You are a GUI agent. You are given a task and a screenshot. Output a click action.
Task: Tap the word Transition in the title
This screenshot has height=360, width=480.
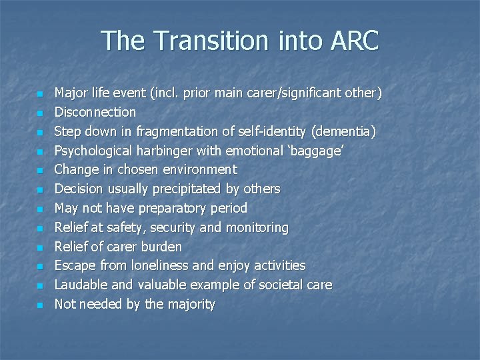tap(207, 41)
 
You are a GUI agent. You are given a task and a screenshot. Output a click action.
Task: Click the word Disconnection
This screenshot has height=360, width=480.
tap(95, 112)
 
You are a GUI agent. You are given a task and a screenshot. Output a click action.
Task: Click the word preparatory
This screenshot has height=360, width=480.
tap(177, 208)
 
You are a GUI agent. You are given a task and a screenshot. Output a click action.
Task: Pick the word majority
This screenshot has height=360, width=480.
tap(191, 305)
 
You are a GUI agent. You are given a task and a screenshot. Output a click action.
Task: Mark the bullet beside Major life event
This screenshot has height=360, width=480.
tap(40, 94)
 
